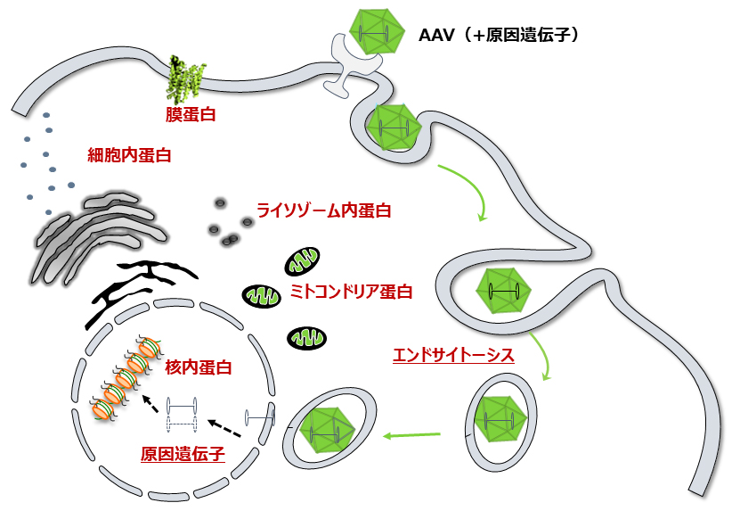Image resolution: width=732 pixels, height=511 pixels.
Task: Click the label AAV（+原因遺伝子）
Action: pos(500,36)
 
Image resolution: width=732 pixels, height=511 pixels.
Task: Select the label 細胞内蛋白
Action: pos(130,154)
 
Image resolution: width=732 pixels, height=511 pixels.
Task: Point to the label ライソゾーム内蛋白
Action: pos(324,210)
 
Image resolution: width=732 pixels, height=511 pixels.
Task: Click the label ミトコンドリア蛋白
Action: pos(352,291)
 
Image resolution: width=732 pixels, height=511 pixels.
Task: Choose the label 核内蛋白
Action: pos(199,367)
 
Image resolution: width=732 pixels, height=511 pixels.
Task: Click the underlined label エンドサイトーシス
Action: pos(453,355)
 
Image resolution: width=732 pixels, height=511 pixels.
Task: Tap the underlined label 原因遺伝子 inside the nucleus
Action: pos(183,453)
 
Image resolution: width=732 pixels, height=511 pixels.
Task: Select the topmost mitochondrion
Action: pos(301,262)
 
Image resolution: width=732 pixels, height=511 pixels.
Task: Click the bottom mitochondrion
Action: pos(305,338)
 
